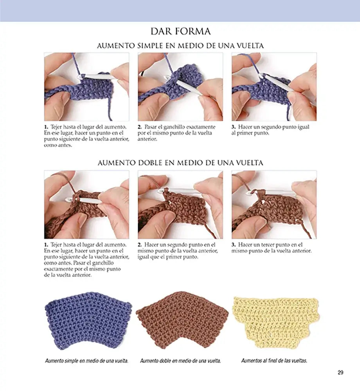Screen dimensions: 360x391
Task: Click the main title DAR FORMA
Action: pos(180,31)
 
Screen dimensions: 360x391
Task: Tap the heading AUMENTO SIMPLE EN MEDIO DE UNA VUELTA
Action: pos(180,46)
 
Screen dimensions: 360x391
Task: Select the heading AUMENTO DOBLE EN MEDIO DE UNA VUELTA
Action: pos(180,163)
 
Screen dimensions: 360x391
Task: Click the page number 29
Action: pos(340,373)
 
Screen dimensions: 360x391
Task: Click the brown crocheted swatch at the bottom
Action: pos(182,320)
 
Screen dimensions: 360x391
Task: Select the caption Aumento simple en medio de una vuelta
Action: pos(86,361)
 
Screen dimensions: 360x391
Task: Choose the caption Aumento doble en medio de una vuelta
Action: pos(180,361)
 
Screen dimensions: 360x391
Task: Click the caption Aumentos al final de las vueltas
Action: pos(274,361)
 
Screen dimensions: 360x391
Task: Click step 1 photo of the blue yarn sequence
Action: pos(86,87)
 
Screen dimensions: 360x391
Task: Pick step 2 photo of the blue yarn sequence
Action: pos(180,87)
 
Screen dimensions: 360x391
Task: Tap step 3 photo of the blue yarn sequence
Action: pos(274,87)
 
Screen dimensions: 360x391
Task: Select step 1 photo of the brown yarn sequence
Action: pos(86,205)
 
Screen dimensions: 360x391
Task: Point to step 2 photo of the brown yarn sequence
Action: pos(180,205)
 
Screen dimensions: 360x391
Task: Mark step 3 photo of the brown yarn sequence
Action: pos(274,205)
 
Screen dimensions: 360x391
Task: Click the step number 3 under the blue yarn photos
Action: pos(234,127)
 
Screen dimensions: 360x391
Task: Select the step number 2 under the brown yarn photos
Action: pos(140,245)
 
